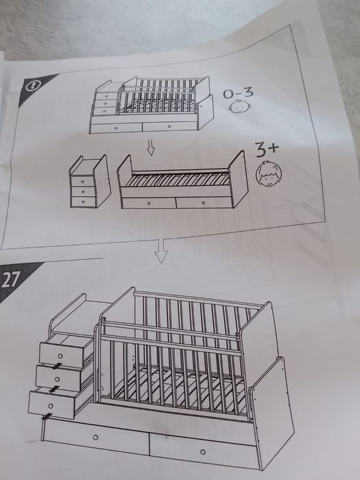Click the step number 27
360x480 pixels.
click(10, 280)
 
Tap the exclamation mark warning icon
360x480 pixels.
click(32, 86)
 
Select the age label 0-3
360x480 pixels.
click(238, 93)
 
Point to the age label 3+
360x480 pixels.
click(267, 149)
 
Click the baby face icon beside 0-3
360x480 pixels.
click(239, 106)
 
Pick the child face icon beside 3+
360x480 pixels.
click(269, 173)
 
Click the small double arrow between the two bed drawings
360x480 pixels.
click(150, 147)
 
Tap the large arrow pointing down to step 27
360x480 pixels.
click(161, 251)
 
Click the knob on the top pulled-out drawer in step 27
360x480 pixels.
click(60, 357)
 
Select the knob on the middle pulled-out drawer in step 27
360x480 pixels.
click(57, 380)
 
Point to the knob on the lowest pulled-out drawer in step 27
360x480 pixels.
click(51, 406)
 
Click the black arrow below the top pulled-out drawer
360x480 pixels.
click(57, 366)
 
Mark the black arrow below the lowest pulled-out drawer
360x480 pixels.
click(47, 416)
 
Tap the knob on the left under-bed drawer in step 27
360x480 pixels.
click(95, 437)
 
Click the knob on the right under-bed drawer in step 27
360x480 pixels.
click(203, 452)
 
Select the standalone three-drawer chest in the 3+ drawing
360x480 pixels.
click(90, 182)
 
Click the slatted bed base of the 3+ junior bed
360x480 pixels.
click(178, 179)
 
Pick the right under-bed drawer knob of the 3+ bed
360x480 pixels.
click(203, 202)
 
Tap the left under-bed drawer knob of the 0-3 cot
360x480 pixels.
click(116, 128)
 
